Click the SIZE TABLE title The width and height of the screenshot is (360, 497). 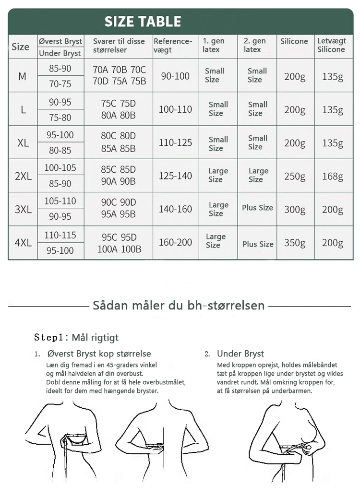(x=143, y=22)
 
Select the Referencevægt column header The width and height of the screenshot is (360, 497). (x=173, y=46)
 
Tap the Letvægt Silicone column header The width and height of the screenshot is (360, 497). (x=331, y=46)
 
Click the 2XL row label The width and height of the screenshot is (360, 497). (x=23, y=176)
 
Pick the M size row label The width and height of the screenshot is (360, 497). (x=23, y=76)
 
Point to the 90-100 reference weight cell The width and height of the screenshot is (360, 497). (x=175, y=76)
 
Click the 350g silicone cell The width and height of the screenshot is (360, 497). (x=295, y=243)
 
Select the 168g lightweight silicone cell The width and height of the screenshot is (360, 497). (x=333, y=176)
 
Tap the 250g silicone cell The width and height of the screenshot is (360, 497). (x=295, y=176)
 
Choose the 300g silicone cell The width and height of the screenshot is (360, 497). (x=295, y=210)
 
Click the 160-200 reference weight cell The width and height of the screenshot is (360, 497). (x=175, y=243)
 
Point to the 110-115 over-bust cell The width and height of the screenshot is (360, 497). (x=60, y=235)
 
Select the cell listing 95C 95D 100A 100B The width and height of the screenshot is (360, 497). (x=119, y=243)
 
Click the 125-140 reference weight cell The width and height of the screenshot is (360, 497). (x=175, y=176)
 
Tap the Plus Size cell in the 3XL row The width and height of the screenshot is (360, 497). (x=257, y=208)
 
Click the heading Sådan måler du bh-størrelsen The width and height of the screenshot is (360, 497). (x=179, y=306)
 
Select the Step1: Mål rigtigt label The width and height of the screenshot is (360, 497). (x=76, y=337)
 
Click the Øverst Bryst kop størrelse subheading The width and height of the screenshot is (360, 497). (x=99, y=354)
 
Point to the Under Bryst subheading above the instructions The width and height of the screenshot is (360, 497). (x=240, y=354)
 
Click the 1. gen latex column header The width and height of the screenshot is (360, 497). (x=214, y=45)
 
